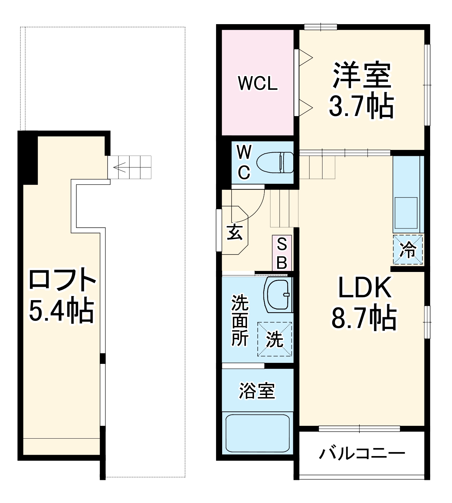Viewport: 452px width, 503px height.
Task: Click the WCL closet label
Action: (x=258, y=83)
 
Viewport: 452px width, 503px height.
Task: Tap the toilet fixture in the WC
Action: (x=275, y=163)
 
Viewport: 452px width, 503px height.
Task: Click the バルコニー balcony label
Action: (x=362, y=454)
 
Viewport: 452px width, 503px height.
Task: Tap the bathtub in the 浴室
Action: (x=257, y=433)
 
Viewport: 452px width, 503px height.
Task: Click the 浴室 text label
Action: (x=257, y=391)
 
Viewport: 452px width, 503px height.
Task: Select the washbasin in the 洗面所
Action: (x=278, y=295)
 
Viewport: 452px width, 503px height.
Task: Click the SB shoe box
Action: (x=282, y=253)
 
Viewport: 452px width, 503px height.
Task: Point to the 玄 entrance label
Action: (x=235, y=232)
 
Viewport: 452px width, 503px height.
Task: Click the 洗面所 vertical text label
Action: (x=240, y=320)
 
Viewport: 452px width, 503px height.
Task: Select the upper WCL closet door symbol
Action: (x=305, y=58)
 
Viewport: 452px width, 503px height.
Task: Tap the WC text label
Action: (x=244, y=163)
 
